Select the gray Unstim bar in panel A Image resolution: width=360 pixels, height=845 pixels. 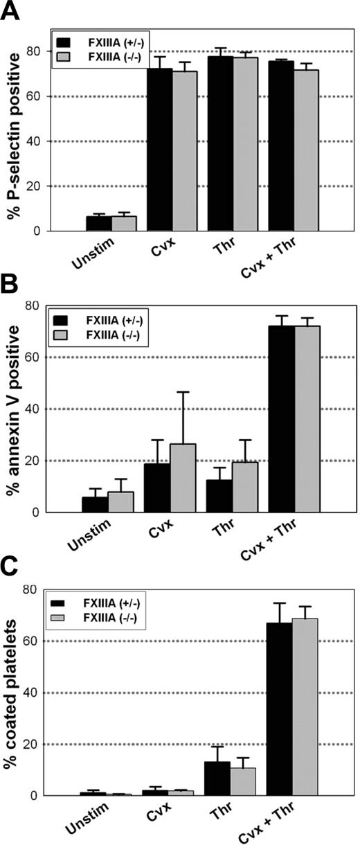pos(124,223)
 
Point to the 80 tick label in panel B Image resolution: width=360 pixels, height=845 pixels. pos(40,305)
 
